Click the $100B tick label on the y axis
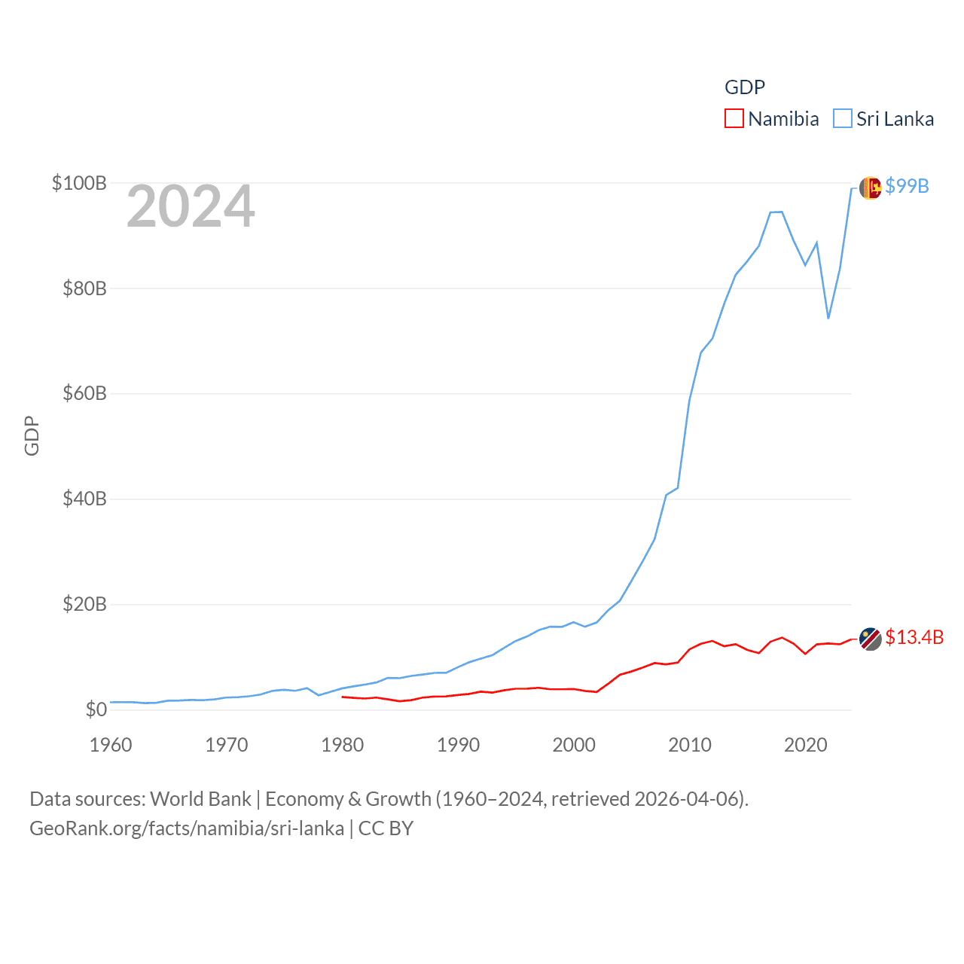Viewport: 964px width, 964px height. pyautogui.click(x=79, y=183)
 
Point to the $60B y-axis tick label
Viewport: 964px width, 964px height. pyautogui.click(x=84, y=393)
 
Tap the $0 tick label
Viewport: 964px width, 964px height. pyautogui.click(x=96, y=709)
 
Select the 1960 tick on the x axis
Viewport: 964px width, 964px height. pyautogui.click(x=111, y=745)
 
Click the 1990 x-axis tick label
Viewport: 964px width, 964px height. pyautogui.click(x=458, y=745)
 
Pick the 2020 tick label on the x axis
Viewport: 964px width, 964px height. pyautogui.click(x=805, y=745)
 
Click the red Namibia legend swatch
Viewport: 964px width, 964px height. pyautogui.click(x=734, y=119)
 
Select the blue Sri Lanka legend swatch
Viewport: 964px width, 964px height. pyautogui.click(x=843, y=119)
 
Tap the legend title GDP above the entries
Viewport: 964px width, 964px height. pyautogui.click(x=745, y=87)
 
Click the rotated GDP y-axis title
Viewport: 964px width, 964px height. pyautogui.click(x=32, y=435)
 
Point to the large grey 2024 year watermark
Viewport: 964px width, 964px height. pyautogui.click(x=191, y=206)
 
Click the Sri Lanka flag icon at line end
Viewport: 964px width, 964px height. pyautogui.click(x=870, y=188)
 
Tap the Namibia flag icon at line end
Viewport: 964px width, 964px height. pyautogui.click(x=870, y=639)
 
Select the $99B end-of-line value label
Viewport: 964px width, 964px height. pyautogui.click(x=907, y=186)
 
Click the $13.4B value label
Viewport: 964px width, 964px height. pyautogui.click(x=914, y=637)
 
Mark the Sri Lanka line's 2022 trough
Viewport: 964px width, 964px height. pyautogui.click(x=828, y=318)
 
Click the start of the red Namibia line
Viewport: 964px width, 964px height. pyautogui.click(x=343, y=697)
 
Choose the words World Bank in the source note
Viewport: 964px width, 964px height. pyautogui.click(x=200, y=798)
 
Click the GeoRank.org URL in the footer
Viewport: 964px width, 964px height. pyautogui.click(x=187, y=828)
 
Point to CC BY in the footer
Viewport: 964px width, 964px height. pyautogui.click(x=386, y=828)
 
